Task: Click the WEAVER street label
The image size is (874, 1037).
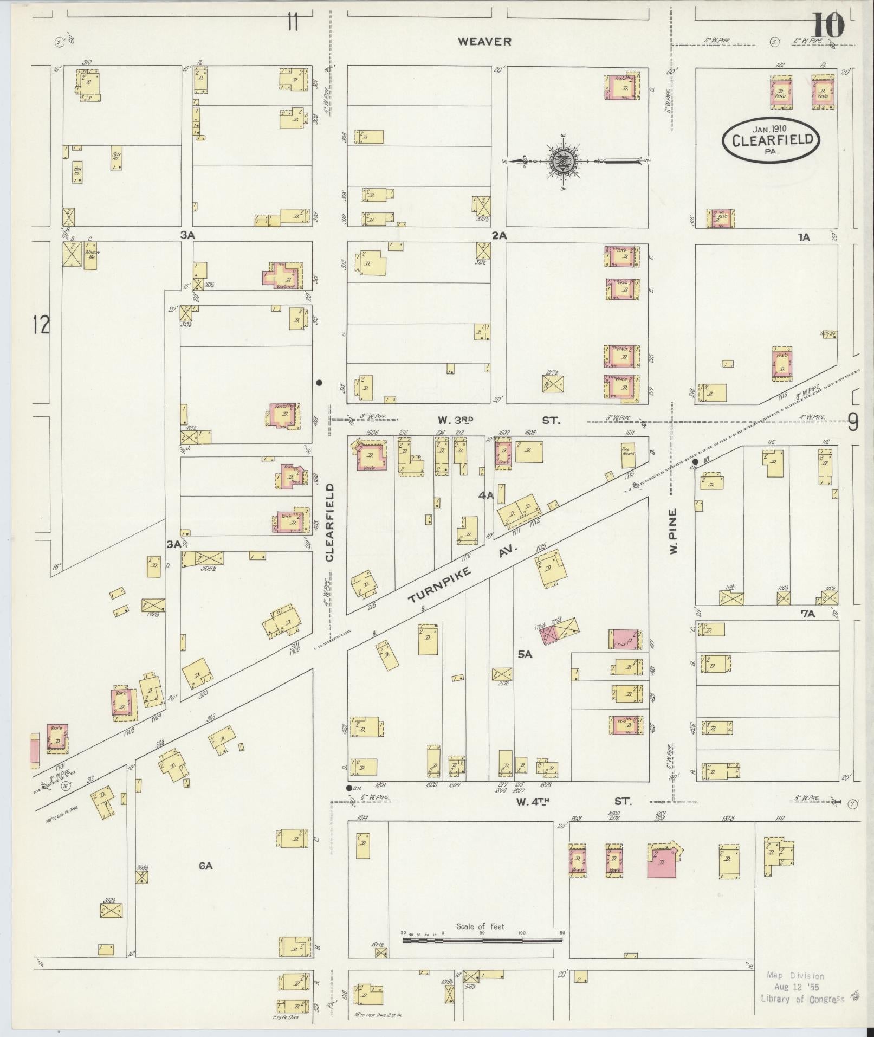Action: coord(484,42)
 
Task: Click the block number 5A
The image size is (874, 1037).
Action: coord(525,655)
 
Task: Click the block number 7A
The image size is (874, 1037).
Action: coord(807,614)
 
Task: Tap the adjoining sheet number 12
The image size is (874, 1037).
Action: coord(41,325)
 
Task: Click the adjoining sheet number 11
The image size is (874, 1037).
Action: coord(293,23)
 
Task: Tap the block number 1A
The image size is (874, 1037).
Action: coord(803,237)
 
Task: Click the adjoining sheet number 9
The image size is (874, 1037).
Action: coord(853,422)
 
